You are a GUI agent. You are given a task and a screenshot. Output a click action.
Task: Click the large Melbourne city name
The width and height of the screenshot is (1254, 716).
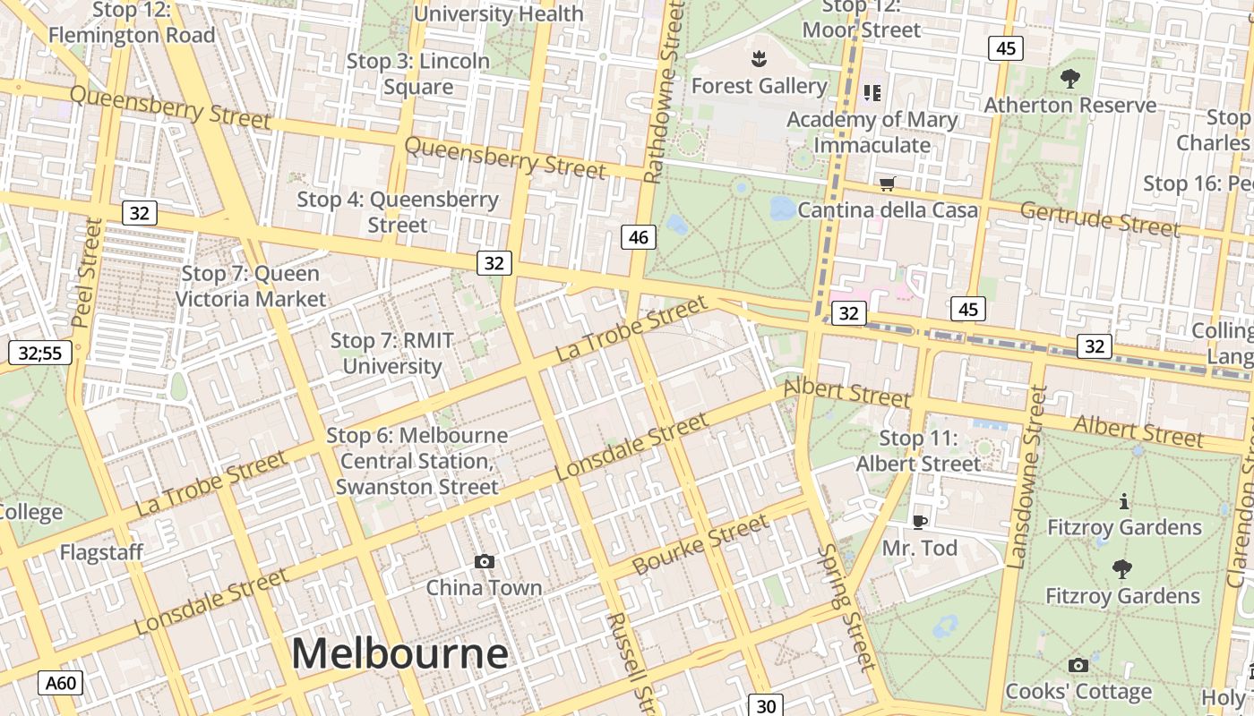point(399,653)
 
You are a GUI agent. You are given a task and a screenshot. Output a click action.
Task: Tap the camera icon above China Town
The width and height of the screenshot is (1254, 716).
point(485,561)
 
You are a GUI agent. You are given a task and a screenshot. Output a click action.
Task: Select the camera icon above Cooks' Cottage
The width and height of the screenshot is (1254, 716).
point(1078,665)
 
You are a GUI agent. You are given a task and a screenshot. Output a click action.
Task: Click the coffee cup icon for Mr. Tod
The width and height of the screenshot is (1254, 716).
point(919,522)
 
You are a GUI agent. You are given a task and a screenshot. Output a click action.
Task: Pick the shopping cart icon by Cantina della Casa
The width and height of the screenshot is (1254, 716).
point(887,184)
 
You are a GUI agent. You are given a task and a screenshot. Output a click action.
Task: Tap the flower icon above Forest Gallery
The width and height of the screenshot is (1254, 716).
point(759,59)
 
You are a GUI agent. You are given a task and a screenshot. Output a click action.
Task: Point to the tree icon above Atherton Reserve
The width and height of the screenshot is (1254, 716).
point(1069,79)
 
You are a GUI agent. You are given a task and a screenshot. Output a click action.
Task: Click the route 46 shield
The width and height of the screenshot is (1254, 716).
point(638,237)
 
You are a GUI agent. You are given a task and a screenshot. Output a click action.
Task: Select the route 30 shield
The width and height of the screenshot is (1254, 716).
point(766,705)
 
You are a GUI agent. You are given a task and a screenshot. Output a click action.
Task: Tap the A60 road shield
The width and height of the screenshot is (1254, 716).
point(61,684)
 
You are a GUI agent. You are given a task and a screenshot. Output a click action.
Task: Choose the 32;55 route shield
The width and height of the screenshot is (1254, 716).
point(40,353)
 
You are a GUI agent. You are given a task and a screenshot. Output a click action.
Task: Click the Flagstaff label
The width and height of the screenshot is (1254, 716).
point(101,552)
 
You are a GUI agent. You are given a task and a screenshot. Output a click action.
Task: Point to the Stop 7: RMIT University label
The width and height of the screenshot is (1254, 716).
point(392,354)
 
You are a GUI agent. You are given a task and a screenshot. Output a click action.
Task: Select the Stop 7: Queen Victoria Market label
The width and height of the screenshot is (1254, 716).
point(251,286)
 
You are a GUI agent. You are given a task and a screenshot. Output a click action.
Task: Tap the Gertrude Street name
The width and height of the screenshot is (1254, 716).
point(1100,219)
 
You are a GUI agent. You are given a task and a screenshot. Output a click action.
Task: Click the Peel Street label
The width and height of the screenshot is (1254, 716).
point(86,273)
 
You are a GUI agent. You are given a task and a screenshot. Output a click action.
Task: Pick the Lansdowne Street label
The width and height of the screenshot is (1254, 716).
point(1027,477)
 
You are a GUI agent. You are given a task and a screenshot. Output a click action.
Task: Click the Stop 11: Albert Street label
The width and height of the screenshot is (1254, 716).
point(919,451)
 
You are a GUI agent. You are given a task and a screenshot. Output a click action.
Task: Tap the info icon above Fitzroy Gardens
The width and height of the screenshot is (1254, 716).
point(1123,501)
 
